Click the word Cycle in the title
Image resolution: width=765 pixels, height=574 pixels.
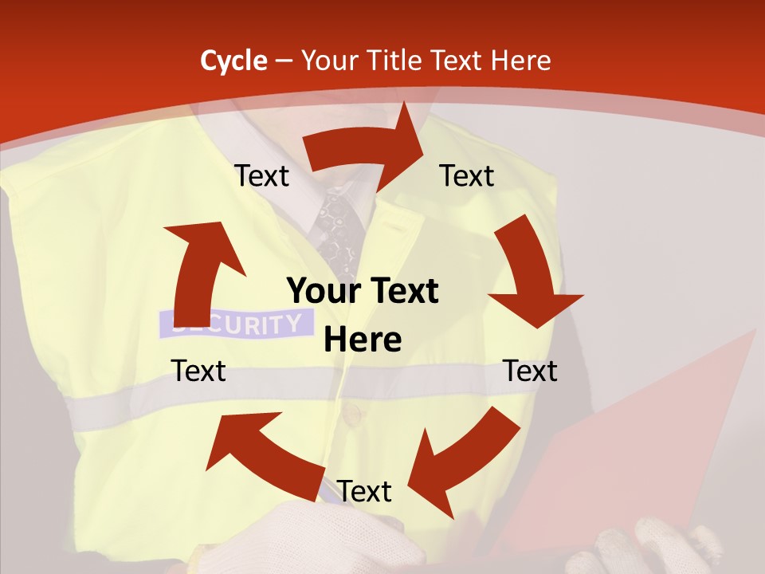tap(233, 61)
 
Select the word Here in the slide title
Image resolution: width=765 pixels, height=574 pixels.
tap(522, 61)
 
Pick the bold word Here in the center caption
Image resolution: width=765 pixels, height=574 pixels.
tap(363, 340)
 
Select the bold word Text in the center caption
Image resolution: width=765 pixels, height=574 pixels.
tap(402, 291)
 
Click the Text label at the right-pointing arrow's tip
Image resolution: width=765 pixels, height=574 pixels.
tap(467, 175)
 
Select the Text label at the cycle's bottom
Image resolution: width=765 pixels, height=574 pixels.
tap(364, 491)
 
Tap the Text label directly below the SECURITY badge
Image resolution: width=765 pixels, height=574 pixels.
tap(198, 371)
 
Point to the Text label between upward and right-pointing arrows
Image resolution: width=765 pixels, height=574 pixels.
tap(261, 175)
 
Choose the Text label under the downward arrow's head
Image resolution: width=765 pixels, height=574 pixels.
tap(530, 371)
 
